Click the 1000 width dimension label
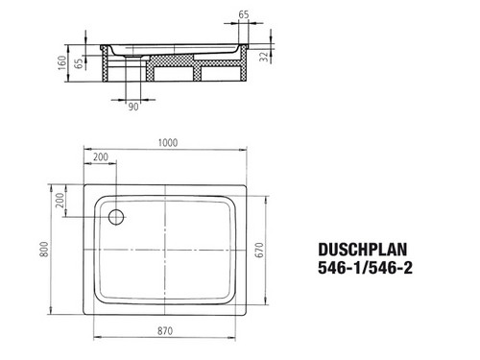(x=168, y=142)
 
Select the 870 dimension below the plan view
(x=165, y=331)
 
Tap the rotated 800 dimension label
(x=44, y=249)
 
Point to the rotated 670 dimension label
(x=260, y=250)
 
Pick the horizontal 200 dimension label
(x=101, y=156)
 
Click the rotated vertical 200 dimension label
(x=60, y=200)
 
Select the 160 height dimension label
(x=62, y=62)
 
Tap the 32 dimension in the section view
(x=264, y=57)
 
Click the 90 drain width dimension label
(x=133, y=107)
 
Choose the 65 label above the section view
(x=244, y=14)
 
